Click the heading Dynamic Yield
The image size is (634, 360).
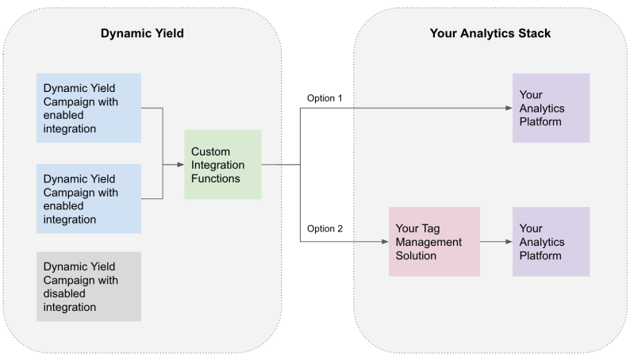(x=142, y=33)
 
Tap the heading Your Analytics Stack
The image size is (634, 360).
(x=490, y=33)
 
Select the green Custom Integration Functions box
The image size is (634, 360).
(x=223, y=165)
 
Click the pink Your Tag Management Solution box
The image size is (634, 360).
(x=434, y=242)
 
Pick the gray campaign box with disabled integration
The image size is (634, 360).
(x=89, y=286)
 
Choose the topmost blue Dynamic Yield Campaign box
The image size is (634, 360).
(x=89, y=108)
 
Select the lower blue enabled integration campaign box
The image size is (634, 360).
(x=89, y=199)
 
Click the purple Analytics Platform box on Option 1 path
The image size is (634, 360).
(x=551, y=108)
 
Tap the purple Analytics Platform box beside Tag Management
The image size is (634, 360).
(x=551, y=242)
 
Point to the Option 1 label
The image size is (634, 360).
(x=325, y=98)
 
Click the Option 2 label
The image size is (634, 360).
(x=325, y=229)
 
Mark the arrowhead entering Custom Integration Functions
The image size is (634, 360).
(x=179, y=165)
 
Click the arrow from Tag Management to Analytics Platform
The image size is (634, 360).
(x=495, y=242)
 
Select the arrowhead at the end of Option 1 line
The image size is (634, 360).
(x=508, y=109)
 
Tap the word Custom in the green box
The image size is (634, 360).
(x=210, y=151)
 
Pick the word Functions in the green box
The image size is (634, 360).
(x=217, y=178)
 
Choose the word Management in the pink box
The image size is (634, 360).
(x=428, y=242)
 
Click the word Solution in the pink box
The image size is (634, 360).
(x=416, y=255)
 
